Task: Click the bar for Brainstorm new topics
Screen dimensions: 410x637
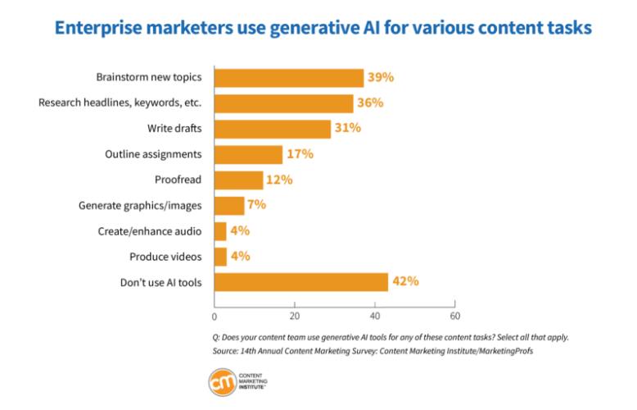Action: (x=289, y=78)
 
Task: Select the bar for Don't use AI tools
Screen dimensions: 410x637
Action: (x=300, y=282)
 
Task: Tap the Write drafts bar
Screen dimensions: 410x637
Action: (x=273, y=129)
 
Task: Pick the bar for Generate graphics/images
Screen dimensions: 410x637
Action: (x=229, y=205)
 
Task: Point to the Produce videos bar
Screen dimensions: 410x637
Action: (x=220, y=257)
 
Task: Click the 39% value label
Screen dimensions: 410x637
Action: (x=381, y=77)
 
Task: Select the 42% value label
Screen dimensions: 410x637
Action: (x=405, y=281)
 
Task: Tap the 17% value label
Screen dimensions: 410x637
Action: (x=300, y=153)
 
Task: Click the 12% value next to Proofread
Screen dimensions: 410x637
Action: (x=279, y=179)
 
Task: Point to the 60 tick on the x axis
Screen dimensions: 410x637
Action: (x=455, y=316)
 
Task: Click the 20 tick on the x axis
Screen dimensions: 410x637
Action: (x=295, y=316)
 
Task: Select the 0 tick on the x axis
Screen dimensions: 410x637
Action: (x=215, y=317)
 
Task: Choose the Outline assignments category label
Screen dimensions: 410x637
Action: (x=153, y=154)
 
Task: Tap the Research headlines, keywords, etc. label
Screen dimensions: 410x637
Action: (x=120, y=103)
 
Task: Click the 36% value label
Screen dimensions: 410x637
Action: (x=370, y=102)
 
